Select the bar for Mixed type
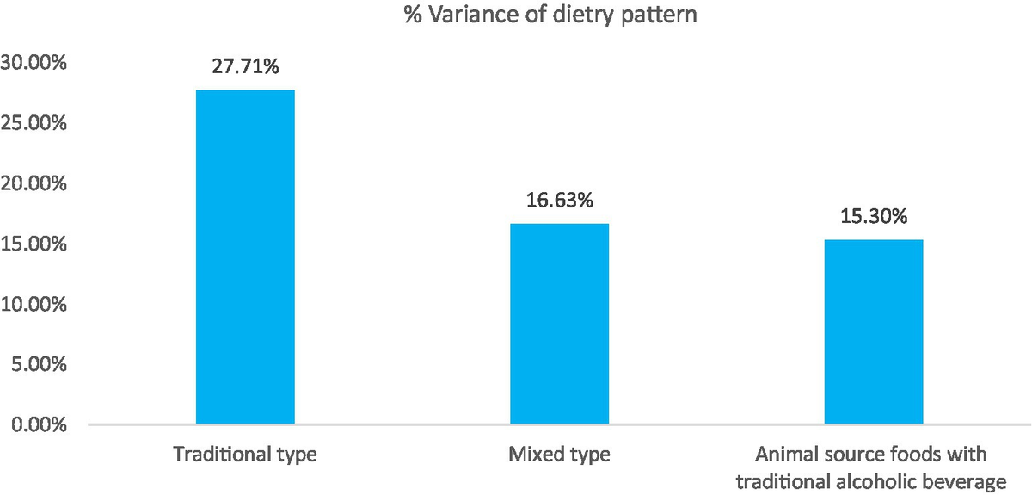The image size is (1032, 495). (x=560, y=324)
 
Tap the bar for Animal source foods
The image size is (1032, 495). (x=874, y=331)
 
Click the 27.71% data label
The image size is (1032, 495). (x=245, y=66)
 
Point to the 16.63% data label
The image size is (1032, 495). (x=560, y=201)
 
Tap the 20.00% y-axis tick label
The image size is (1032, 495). (x=35, y=183)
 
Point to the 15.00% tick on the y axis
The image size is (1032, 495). (x=35, y=244)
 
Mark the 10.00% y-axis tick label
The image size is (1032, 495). (x=35, y=304)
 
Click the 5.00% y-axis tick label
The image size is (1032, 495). (x=40, y=364)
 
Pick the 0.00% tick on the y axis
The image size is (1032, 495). (x=40, y=424)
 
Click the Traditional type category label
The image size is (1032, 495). (x=245, y=455)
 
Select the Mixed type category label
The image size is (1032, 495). (x=560, y=455)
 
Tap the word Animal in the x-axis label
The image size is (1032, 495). (x=783, y=454)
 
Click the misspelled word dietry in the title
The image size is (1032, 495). (x=538, y=15)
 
